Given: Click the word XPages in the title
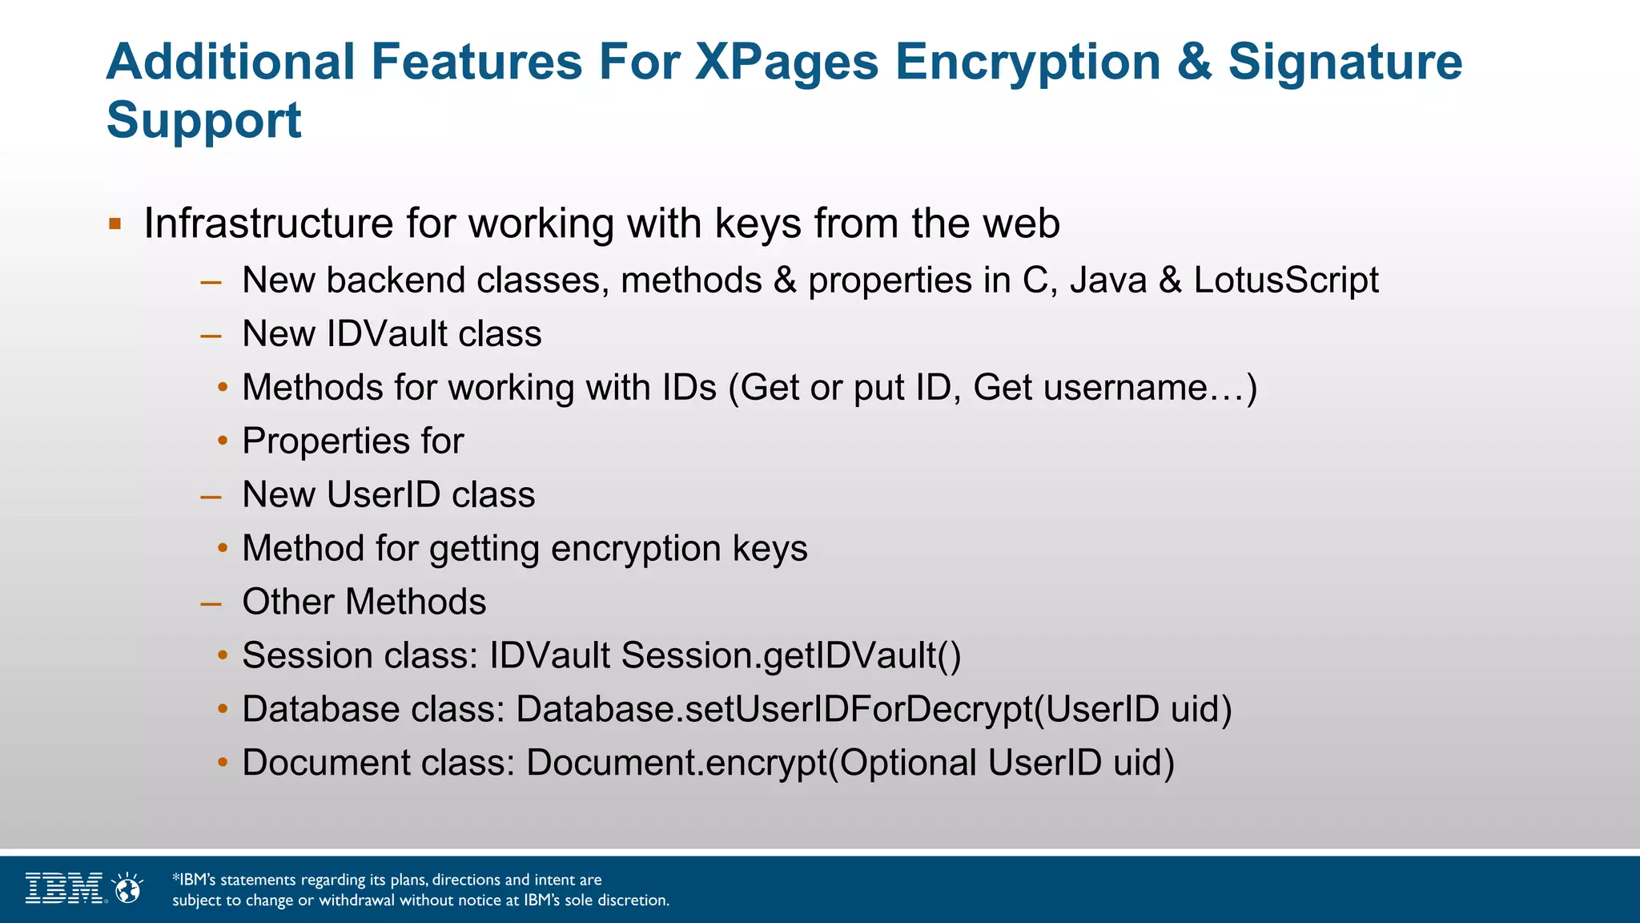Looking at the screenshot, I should pos(786,62).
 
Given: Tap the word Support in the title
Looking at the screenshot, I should pos(203,120).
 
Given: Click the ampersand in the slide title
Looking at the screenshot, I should pos(1194,62).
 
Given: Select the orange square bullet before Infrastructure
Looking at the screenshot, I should pos(115,224).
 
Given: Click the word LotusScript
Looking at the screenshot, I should pos(1286,280).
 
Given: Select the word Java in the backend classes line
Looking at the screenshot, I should pos(1108,280).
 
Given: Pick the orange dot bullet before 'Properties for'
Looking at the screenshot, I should pos(223,441).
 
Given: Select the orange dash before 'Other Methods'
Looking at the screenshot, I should pos(211,603).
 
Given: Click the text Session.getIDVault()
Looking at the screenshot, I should pos(791,655).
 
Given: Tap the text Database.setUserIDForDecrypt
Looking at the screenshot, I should pos(774,709).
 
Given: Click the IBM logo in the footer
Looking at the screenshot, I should pos(64,888).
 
